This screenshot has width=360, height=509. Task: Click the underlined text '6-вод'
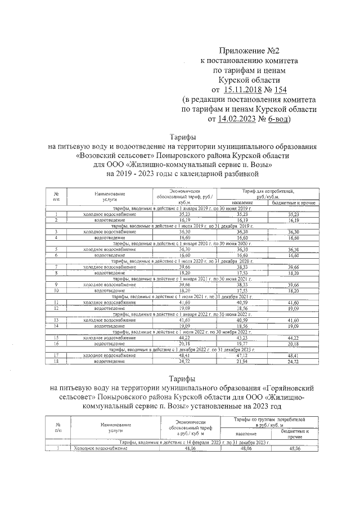point(280,119)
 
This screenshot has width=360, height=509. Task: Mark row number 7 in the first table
point(56,267)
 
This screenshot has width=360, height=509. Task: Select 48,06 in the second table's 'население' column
point(245,449)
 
